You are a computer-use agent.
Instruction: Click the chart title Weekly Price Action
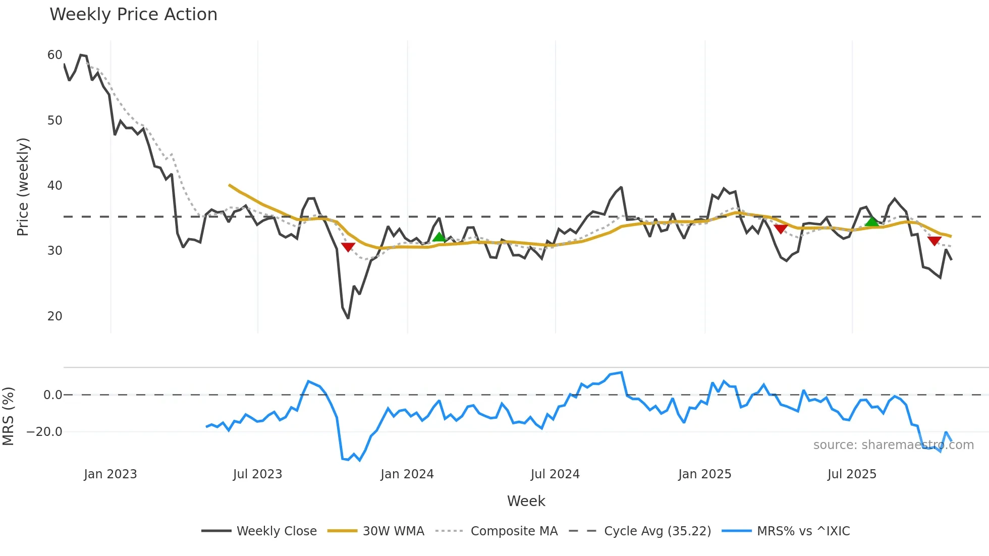[x=133, y=15]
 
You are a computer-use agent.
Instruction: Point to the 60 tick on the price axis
[x=54, y=55]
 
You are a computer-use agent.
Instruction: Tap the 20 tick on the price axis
[x=54, y=316]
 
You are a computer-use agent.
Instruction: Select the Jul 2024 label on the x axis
[x=555, y=474]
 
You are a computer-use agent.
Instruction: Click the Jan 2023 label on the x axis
[x=110, y=474]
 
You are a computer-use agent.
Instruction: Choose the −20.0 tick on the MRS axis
[x=44, y=432]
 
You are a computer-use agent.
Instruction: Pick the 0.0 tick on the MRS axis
[x=52, y=395]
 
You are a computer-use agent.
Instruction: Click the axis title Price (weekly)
[x=23, y=187]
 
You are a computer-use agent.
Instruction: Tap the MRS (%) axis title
[x=9, y=416]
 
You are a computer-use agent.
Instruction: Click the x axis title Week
[x=526, y=501]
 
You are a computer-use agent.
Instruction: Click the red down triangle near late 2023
[x=348, y=247]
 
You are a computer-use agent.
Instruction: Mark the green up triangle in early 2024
[x=439, y=237]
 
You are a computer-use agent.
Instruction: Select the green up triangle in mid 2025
[x=871, y=221]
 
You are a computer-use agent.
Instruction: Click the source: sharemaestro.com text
[x=893, y=445]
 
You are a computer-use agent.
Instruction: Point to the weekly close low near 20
[x=348, y=318]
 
